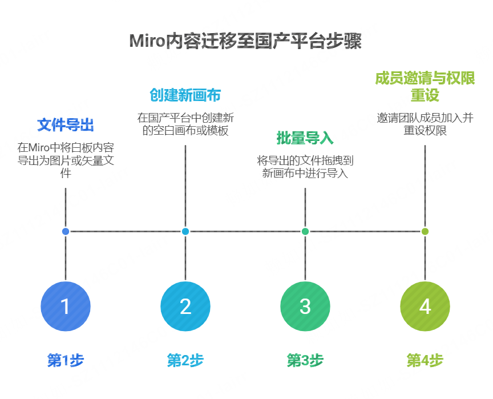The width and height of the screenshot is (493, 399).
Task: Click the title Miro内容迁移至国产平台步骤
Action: pyautogui.click(x=246, y=41)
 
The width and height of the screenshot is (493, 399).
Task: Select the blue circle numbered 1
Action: pyautogui.click(x=66, y=307)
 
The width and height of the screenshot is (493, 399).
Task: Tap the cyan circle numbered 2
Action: pyautogui.click(x=185, y=307)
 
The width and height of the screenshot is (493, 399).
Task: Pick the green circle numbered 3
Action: pyautogui.click(x=305, y=307)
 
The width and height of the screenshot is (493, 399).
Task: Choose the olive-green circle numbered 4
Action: pyautogui.click(x=425, y=307)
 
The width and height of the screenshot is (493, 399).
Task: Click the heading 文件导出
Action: pyautogui.click(x=66, y=125)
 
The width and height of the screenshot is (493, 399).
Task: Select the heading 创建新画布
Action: pyautogui.click(x=185, y=95)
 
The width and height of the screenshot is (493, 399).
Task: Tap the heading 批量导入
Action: pyautogui.click(x=305, y=138)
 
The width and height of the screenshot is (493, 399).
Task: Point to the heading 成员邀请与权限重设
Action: pyautogui.click(x=425, y=87)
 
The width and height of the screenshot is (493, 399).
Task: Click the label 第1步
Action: pyautogui.click(x=66, y=361)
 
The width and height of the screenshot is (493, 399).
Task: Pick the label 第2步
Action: pyautogui.click(x=185, y=361)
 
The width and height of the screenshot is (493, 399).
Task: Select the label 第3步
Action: pyautogui.click(x=305, y=361)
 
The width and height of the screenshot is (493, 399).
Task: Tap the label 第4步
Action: pyautogui.click(x=425, y=361)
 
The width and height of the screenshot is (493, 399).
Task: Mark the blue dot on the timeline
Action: pyautogui.click(x=66, y=231)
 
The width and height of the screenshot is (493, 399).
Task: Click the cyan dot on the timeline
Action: pyautogui.click(x=185, y=231)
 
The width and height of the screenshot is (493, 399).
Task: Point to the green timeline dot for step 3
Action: pyautogui.click(x=305, y=231)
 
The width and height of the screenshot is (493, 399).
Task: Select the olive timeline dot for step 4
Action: pyautogui.click(x=425, y=231)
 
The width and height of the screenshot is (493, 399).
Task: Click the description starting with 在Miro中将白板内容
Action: pyautogui.click(x=66, y=160)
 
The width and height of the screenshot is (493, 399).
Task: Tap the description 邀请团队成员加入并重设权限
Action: pyautogui.click(x=425, y=124)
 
